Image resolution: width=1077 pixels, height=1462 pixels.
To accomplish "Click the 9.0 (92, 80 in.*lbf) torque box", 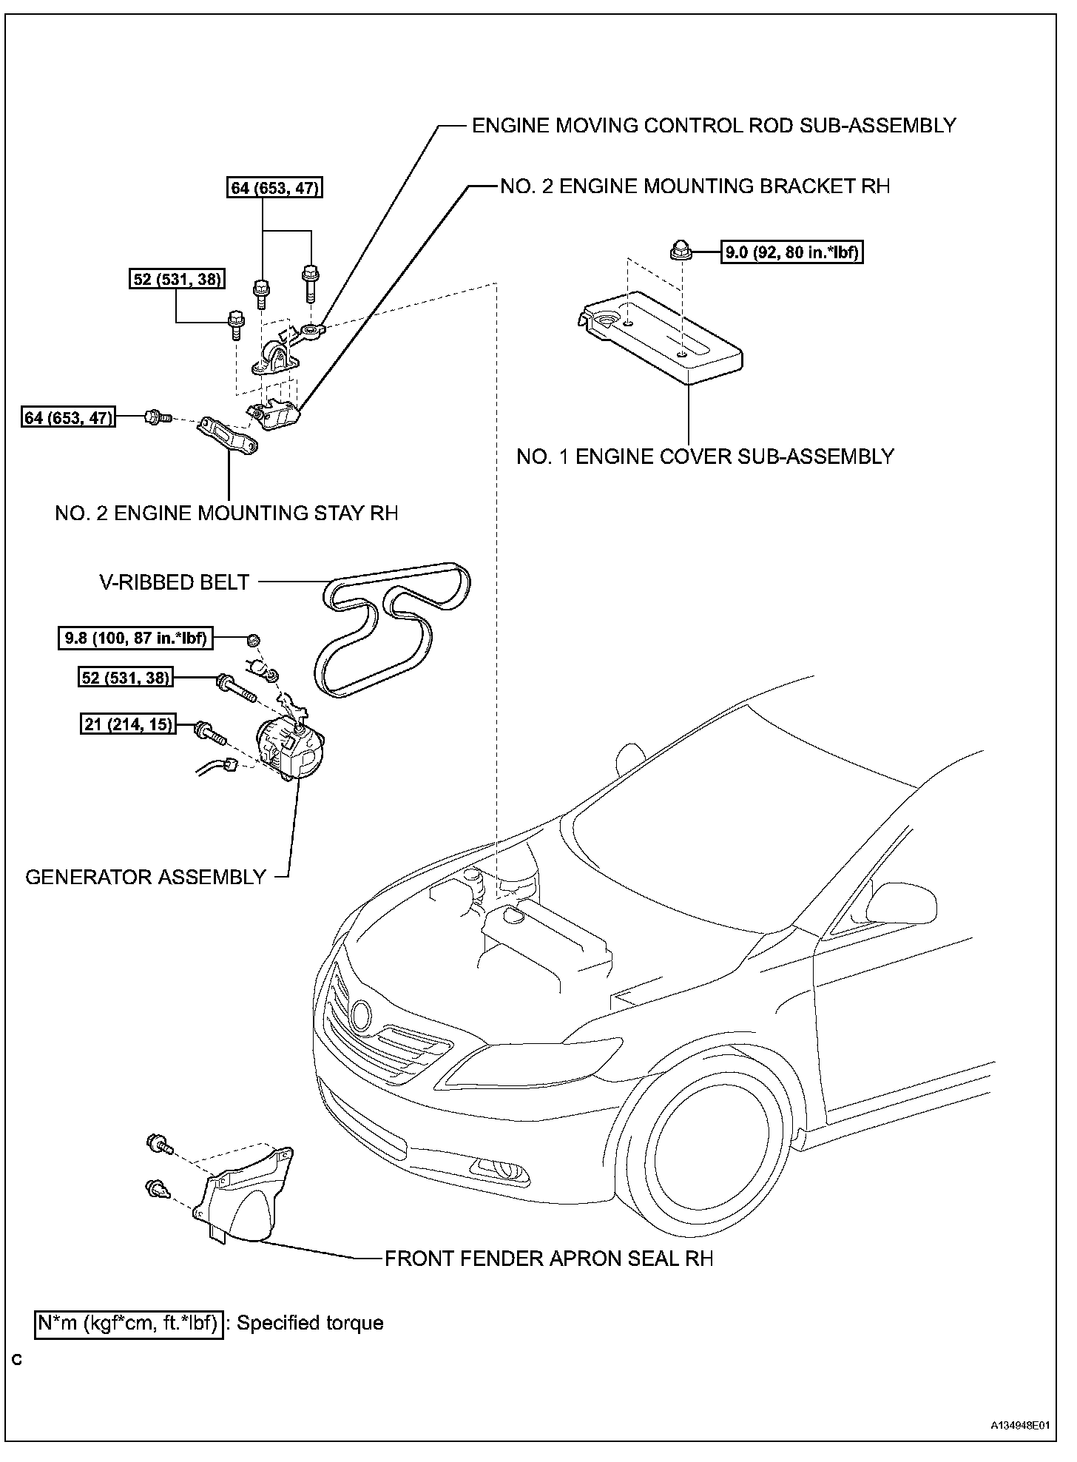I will [x=792, y=252].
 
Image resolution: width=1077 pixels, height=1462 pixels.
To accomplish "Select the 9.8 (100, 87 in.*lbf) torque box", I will [x=135, y=637].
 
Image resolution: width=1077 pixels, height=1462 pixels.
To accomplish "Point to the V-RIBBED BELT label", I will [x=175, y=582].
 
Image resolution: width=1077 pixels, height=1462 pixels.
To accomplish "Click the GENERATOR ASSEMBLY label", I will [x=146, y=877].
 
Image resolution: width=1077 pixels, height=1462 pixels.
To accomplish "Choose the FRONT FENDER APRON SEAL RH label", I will [x=549, y=1259].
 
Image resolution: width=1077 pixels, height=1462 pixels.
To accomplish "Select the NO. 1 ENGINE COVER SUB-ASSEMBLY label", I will [x=705, y=457].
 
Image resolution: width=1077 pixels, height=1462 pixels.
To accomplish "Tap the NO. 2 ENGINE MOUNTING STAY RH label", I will [x=226, y=513].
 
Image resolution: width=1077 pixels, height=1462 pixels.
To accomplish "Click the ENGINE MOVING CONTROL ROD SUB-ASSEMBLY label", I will [x=714, y=126].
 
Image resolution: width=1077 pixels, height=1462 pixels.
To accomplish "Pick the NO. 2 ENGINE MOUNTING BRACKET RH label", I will [x=695, y=186].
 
